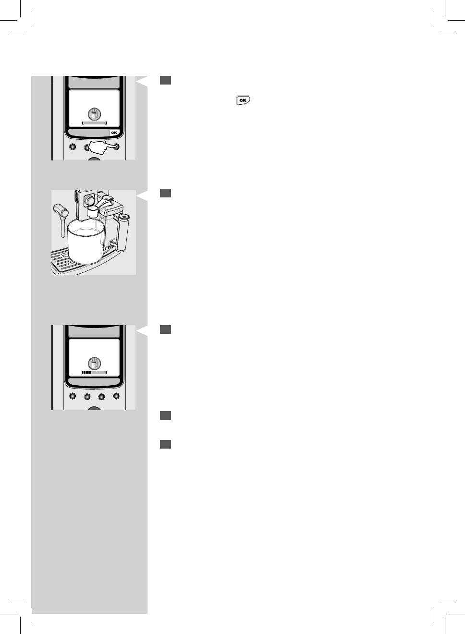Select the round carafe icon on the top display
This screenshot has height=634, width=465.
pos(94,114)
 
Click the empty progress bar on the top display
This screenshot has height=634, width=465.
pos(94,123)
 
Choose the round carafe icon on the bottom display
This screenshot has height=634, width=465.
pos(94,363)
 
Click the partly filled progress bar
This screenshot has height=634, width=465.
pos(94,372)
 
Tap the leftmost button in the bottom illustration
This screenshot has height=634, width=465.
pos(73,397)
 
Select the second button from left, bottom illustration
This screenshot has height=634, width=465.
pos(87,397)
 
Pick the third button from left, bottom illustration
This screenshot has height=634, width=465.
pos(101,397)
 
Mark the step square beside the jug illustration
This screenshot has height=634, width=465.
pos(166,193)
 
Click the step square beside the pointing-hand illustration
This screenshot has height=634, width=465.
pos(166,81)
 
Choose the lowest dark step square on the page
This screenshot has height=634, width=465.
pos(166,444)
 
